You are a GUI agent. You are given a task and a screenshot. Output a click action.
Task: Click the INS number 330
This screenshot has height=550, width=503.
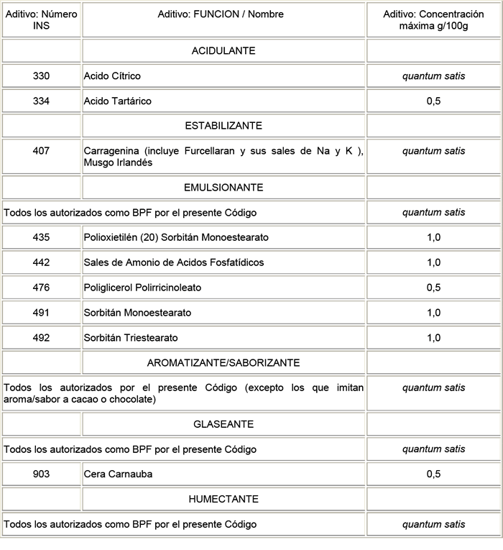(x=42, y=76)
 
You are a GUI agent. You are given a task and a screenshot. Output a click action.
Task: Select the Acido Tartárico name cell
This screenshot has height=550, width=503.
(x=118, y=101)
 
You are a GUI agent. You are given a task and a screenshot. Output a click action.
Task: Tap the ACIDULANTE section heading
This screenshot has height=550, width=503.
(x=223, y=51)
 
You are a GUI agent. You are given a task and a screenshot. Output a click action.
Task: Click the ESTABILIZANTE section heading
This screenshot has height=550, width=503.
(x=223, y=126)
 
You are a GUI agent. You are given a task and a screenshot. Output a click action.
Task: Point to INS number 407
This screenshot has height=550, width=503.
(x=42, y=151)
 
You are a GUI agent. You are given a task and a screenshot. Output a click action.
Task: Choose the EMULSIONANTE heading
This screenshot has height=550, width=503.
(x=223, y=188)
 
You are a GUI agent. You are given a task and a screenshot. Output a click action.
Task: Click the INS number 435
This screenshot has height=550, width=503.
(x=42, y=237)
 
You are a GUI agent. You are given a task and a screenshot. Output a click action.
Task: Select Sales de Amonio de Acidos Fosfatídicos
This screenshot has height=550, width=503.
(x=174, y=262)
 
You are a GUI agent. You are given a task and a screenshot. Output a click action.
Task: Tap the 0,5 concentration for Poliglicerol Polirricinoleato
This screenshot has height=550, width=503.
(x=433, y=288)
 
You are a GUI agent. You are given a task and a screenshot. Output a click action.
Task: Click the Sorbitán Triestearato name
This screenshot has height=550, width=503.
(x=131, y=338)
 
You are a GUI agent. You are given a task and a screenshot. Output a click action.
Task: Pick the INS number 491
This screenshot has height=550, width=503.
(x=42, y=313)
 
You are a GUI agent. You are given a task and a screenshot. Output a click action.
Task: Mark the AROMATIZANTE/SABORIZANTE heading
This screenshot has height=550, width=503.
(x=223, y=362)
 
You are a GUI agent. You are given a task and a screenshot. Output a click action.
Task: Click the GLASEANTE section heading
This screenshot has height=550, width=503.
(x=223, y=424)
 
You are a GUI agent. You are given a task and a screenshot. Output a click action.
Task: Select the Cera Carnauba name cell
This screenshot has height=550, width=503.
(x=118, y=475)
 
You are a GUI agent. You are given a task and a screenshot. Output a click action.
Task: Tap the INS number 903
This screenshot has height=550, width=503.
(x=42, y=475)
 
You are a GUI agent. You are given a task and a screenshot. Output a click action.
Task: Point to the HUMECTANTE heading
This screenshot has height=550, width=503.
(x=223, y=499)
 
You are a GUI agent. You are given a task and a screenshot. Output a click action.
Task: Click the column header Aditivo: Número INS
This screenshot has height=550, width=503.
(x=42, y=20)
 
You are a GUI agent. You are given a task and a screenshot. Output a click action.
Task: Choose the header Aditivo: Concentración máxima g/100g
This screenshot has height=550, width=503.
(x=433, y=20)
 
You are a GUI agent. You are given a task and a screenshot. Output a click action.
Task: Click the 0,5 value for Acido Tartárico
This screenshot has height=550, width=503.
(x=433, y=101)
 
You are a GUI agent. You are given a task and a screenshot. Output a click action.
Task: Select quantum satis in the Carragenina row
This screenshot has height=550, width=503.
(x=433, y=151)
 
